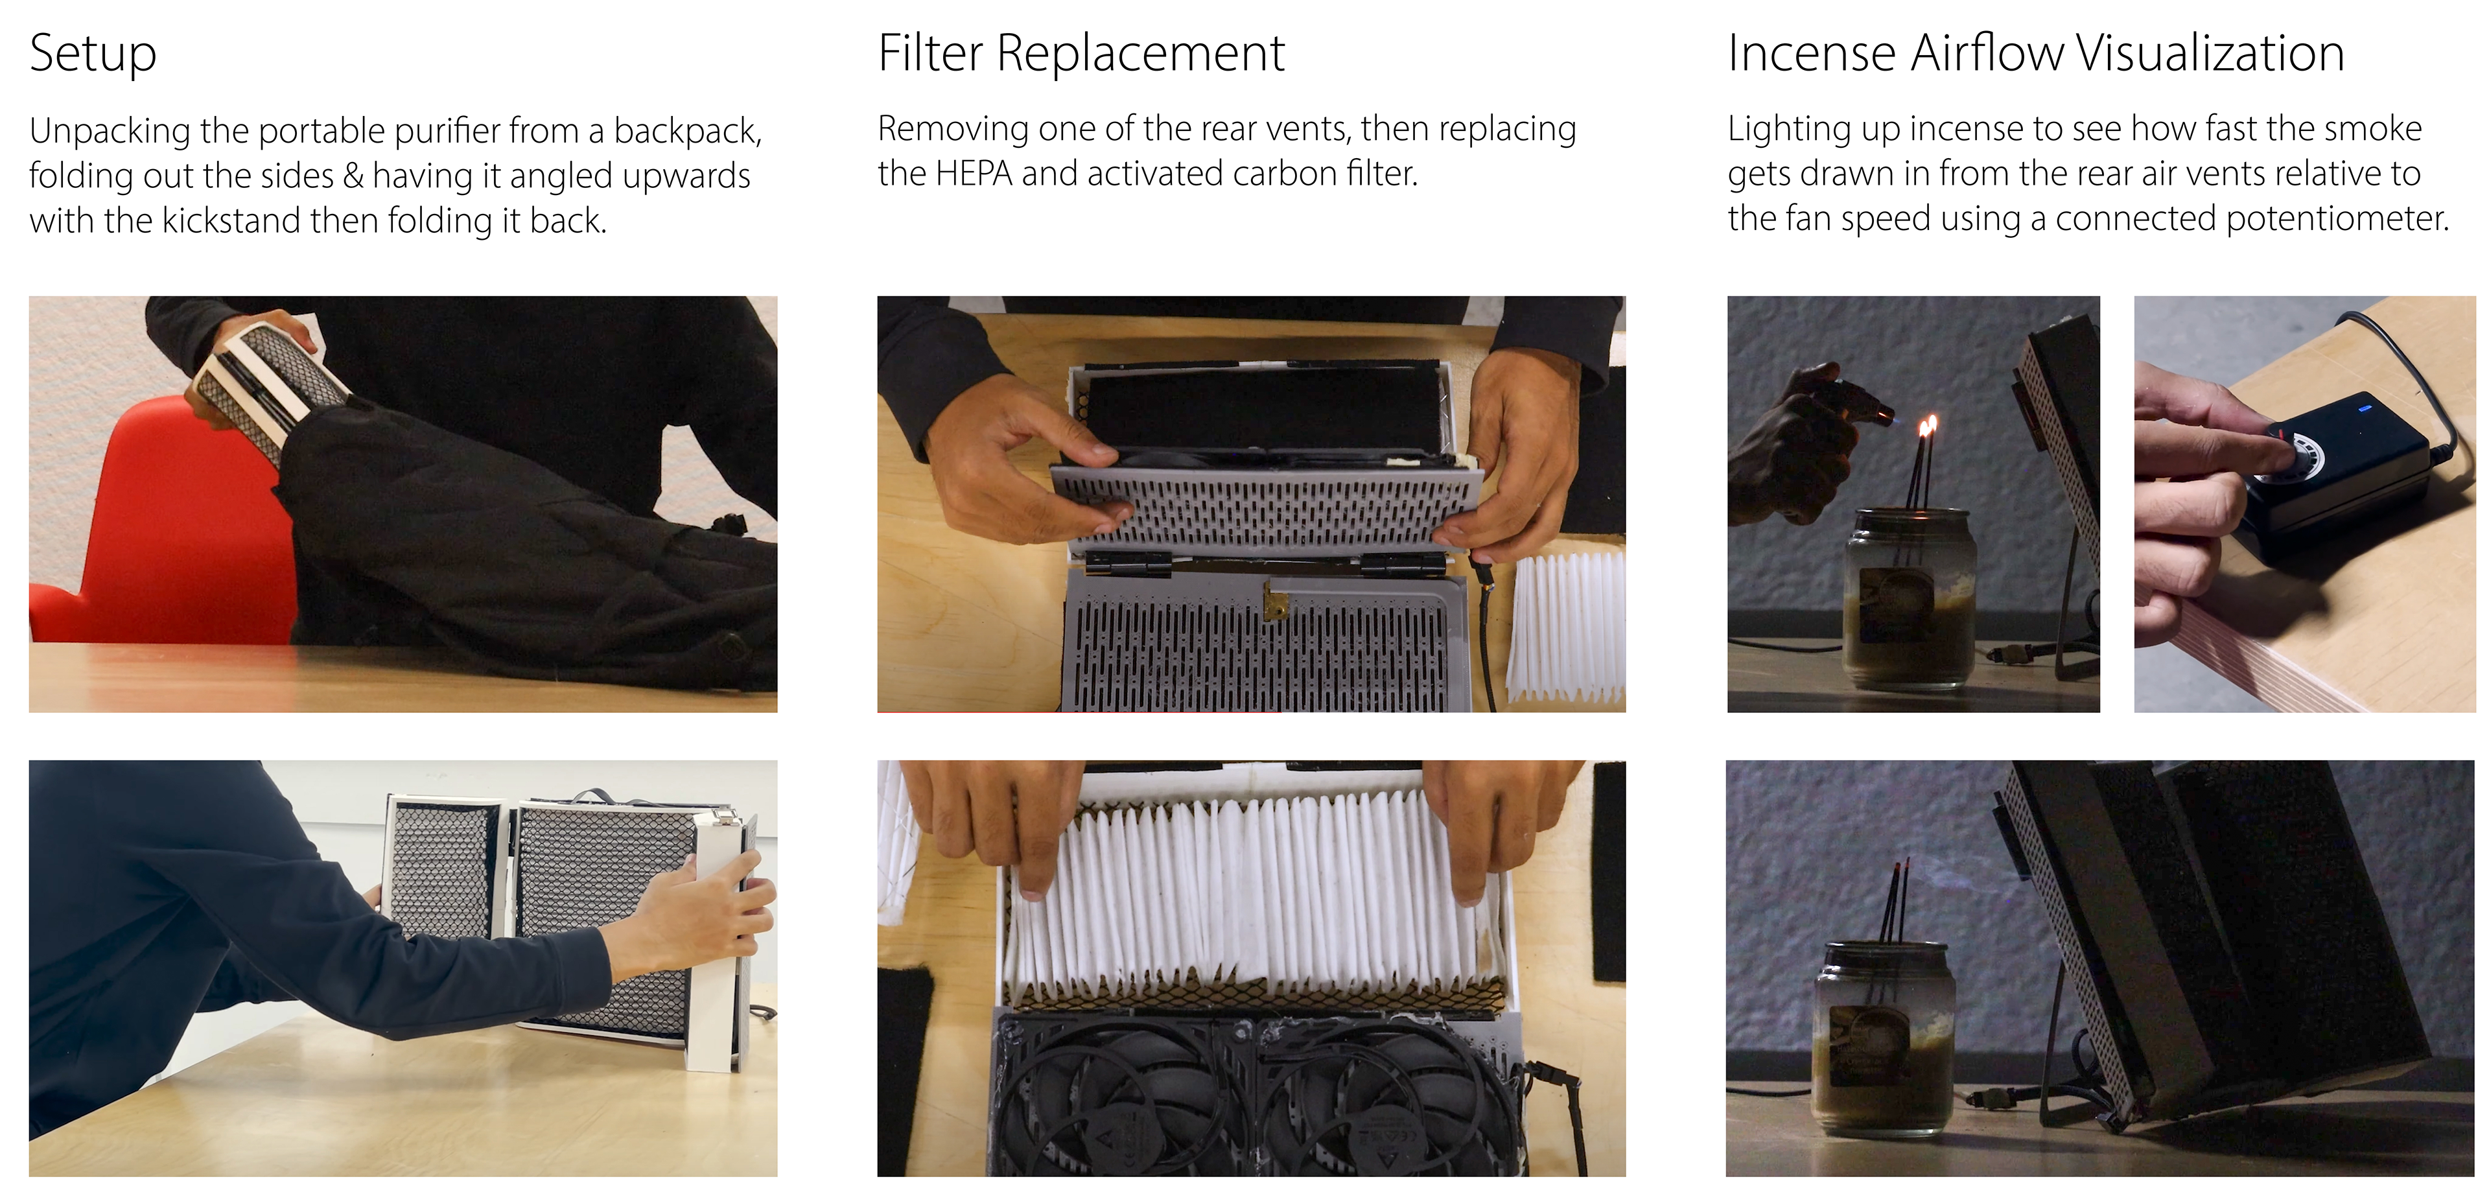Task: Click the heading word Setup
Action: click(93, 54)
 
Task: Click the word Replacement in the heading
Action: click(1140, 54)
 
